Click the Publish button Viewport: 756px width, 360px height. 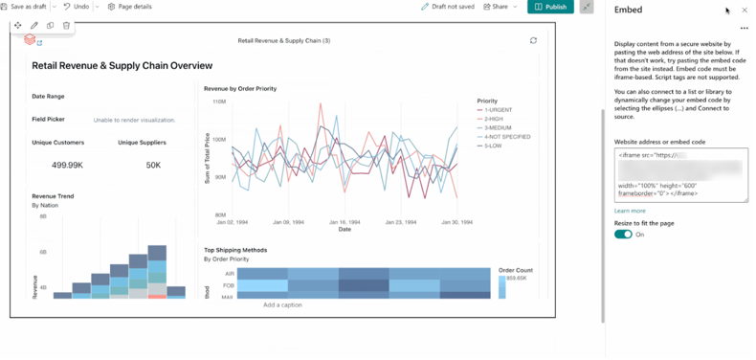[x=550, y=7]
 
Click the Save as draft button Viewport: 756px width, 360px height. [x=24, y=7]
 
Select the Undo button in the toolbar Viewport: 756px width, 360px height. [x=77, y=7]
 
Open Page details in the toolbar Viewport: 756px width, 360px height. [x=130, y=7]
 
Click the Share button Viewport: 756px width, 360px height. [x=496, y=7]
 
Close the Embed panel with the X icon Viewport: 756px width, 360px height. [x=745, y=11]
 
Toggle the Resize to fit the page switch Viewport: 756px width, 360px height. [x=623, y=235]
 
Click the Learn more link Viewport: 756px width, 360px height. [x=630, y=211]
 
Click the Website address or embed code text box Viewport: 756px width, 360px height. [x=680, y=174]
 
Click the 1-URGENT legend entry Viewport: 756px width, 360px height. [x=498, y=110]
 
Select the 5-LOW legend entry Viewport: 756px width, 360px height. [x=494, y=146]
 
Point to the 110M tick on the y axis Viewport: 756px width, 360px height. [x=219, y=101]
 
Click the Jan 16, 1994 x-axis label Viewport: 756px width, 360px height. [x=344, y=222]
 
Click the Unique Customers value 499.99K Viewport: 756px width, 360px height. [x=67, y=165]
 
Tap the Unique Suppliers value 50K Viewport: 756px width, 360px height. [x=153, y=165]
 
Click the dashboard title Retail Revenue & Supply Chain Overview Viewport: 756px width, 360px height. [x=122, y=66]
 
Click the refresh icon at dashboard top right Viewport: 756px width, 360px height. [x=533, y=41]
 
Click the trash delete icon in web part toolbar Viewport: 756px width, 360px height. [x=66, y=26]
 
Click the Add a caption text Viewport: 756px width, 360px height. [x=282, y=304]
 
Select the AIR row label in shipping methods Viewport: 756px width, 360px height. [x=230, y=273]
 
